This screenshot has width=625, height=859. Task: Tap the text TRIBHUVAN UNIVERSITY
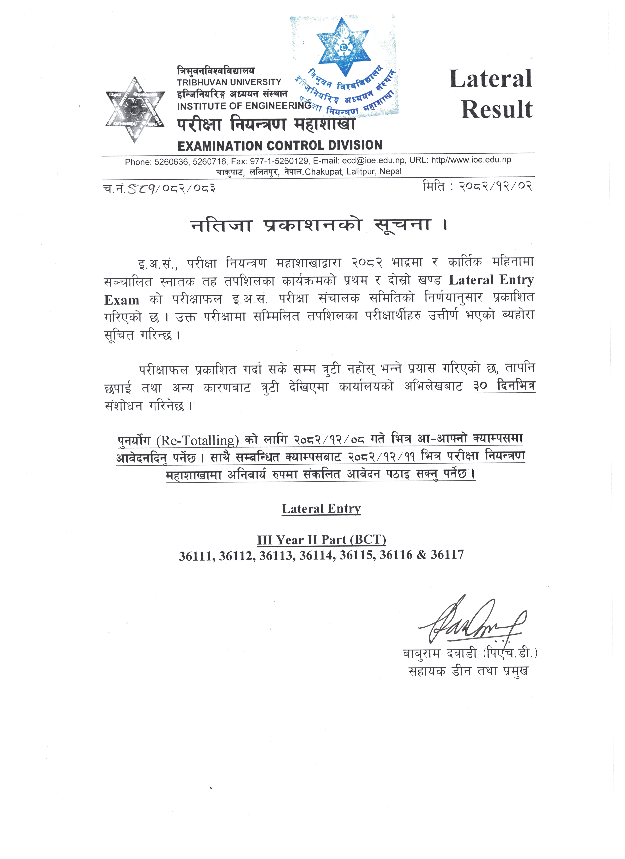229,82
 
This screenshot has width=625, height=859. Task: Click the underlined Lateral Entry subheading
321,509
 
